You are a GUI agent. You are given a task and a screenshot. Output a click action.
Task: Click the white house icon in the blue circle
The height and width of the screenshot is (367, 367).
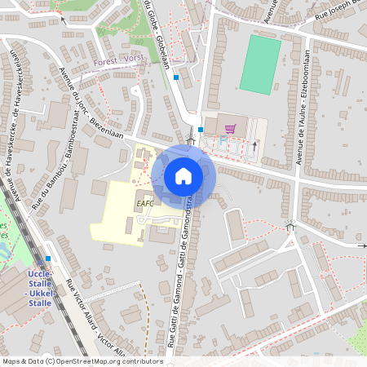coord(183,175)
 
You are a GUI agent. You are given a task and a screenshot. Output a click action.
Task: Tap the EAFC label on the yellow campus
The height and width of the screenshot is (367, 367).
coord(145,203)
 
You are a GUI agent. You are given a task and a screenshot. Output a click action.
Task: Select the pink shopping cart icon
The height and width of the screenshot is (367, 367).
coord(231,128)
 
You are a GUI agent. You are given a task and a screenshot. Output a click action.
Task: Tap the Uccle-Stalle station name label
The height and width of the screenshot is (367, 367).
coord(39,287)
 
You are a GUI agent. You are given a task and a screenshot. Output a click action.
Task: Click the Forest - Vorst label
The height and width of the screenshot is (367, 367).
coord(118,60)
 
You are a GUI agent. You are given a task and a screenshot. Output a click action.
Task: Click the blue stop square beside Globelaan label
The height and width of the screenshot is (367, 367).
coord(176,77)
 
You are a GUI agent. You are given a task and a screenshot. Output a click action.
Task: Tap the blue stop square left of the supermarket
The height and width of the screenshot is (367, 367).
coord(200,129)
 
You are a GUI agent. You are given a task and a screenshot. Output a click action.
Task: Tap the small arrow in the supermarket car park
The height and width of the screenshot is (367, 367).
coord(254,147)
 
